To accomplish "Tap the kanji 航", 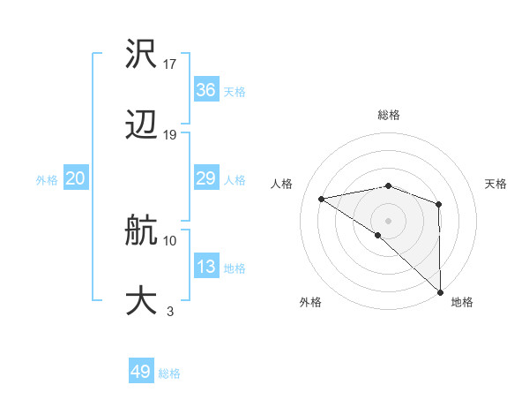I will tap(141, 231).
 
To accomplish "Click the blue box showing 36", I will tap(205, 90).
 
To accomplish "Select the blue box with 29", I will tap(205, 178).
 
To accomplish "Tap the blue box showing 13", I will tap(205, 267).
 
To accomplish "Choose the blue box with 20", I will tap(75, 178).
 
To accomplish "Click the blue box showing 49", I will tap(141, 372).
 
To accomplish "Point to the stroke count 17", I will tap(170, 64).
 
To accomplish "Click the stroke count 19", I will tap(170, 134).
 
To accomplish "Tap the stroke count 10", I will tap(170, 239).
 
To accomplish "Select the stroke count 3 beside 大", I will tap(169, 310).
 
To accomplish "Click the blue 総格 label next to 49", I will tap(169, 373).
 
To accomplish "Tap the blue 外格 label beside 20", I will tap(47, 180).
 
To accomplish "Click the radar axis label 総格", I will tap(388, 115).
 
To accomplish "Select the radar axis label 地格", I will tap(462, 302).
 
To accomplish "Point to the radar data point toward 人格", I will tap(322, 199).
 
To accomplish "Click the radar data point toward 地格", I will tap(440, 291).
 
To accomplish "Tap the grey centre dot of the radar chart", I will tap(388, 220).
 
